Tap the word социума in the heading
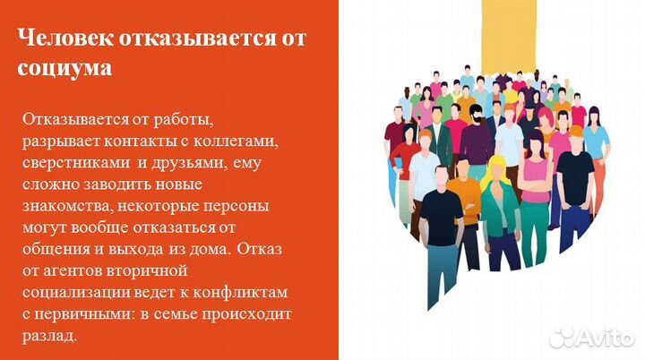64,69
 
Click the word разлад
51,335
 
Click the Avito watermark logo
590,336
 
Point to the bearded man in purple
477,134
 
